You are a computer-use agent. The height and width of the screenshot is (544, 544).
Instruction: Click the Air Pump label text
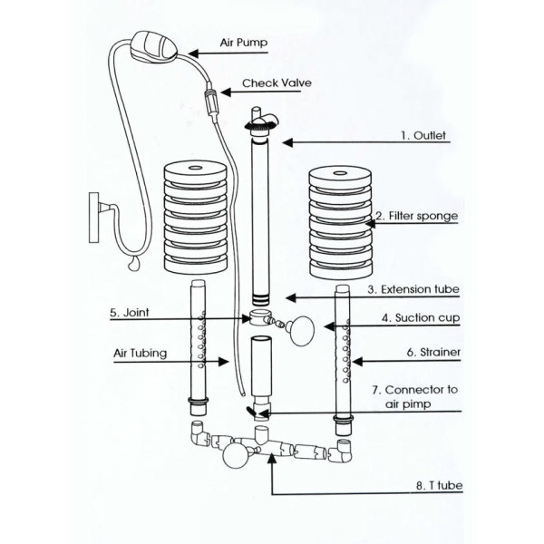tap(245, 42)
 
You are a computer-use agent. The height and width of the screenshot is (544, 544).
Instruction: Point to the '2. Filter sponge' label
tap(417, 216)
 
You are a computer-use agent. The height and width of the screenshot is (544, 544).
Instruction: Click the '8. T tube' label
tap(439, 486)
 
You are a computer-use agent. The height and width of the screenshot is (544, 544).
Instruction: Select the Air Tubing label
tap(140, 354)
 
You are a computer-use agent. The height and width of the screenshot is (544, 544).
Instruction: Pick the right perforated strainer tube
tap(342, 354)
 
